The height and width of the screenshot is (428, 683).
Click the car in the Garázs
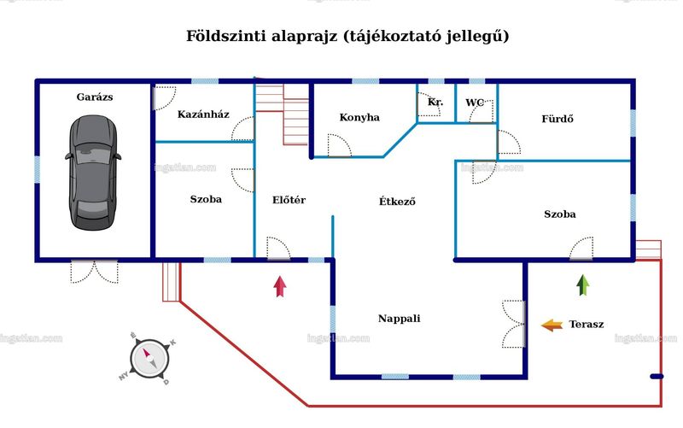pyautogui.click(x=93, y=173)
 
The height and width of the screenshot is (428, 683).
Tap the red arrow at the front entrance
pyautogui.click(x=280, y=286)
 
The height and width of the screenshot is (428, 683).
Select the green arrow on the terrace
pyautogui.click(x=583, y=285)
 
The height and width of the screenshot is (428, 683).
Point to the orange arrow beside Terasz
pyautogui.click(x=552, y=325)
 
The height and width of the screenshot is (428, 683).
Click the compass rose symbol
pyautogui.click(x=149, y=359)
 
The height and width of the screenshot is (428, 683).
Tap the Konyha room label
pyautogui.click(x=359, y=117)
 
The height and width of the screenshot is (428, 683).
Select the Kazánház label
pyautogui.click(x=203, y=114)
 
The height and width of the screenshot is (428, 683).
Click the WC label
pyautogui.click(x=475, y=103)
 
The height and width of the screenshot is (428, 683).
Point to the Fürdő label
pyautogui.click(x=557, y=119)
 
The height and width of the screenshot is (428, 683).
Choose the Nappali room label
pyautogui.click(x=399, y=319)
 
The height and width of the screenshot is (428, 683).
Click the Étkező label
pyautogui.click(x=397, y=201)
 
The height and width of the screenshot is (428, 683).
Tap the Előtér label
pyautogui.click(x=289, y=200)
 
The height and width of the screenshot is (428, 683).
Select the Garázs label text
pyautogui.click(x=95, y=97)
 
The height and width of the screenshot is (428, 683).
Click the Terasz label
pyautogui.click(x=587, y=325)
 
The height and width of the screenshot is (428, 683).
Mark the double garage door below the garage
pyautogui.click(x=94, y=272)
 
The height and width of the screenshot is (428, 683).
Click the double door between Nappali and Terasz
pyautogui.click(x=514, y=324)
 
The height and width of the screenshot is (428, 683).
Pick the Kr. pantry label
pyautogui.click(x=435, y=102)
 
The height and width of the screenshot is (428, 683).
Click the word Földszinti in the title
pyautogui.click(x=226, y=36)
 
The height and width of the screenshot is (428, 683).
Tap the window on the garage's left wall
pyautogui.click(x=37, y=169)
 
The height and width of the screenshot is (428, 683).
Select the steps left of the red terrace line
pyautogui.click(x=172, y=282)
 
